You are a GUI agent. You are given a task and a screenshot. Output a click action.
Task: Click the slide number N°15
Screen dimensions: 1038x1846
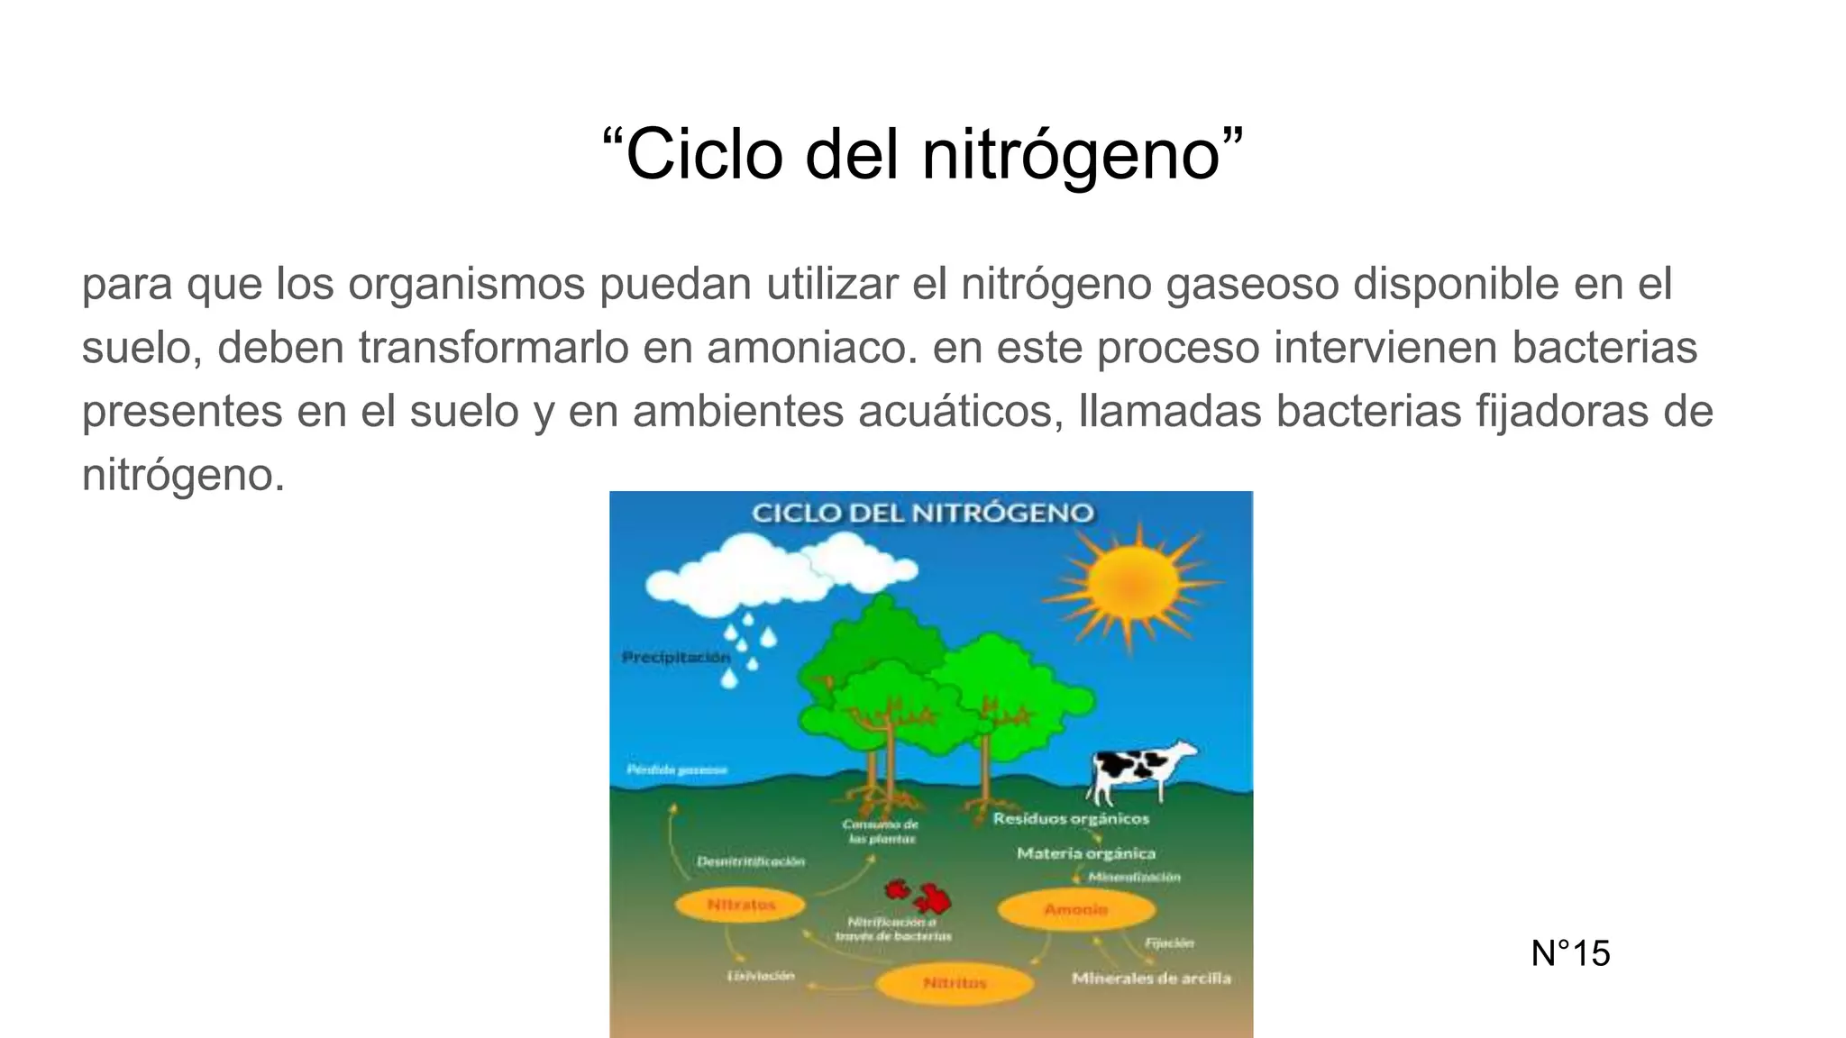[x=1570, y=953]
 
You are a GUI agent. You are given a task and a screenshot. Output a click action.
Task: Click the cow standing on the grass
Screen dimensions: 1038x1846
[x=1139, y=769]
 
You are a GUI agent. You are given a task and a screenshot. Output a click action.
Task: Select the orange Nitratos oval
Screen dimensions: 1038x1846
[x=741, y=905]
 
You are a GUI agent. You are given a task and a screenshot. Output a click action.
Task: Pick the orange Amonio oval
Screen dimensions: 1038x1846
[x=1075, y=910]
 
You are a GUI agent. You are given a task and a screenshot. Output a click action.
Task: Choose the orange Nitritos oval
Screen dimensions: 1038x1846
[x=955, y=983]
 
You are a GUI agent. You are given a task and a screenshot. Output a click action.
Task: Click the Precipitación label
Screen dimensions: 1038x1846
[x=676, y=658]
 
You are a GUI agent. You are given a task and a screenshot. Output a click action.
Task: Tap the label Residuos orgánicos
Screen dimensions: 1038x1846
[x=1071, y=819]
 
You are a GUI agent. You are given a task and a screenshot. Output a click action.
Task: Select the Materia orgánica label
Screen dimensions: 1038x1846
[x=1086, y=853]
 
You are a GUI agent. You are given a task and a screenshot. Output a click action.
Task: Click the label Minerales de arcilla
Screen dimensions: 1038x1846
[x=1151, y=979]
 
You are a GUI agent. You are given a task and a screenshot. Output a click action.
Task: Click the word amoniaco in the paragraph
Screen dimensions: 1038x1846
[x=811, y=348]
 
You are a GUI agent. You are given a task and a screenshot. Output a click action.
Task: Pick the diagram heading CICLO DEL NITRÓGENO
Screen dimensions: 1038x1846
[x=922, y=514]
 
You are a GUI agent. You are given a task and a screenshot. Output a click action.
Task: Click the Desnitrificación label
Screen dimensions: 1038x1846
[x=751, y=862]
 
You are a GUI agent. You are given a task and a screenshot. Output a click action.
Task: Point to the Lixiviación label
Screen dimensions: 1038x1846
[x=762, y=976]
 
